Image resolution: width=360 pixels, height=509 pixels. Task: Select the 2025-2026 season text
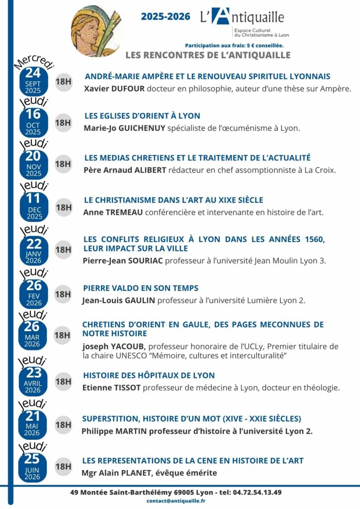tap(165, 16)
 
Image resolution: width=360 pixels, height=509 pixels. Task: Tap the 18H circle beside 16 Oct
tap(63, 122)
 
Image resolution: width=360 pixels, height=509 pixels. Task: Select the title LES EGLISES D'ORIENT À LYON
tap(142, 116)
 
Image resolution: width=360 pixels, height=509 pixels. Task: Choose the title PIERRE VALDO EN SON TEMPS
tap(141, 288)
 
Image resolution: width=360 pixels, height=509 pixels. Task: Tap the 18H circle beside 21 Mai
tap(63, 425)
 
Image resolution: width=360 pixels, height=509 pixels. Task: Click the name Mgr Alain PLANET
tap(115, 473)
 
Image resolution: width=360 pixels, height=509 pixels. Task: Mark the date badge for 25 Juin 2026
tap(33, 466)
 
